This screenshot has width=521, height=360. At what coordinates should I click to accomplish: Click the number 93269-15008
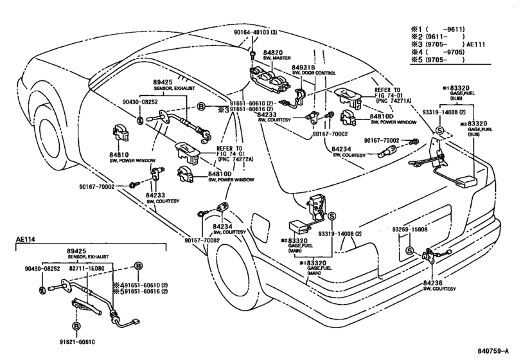[x=410, y=229]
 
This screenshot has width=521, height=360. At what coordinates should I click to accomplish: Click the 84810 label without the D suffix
[x=120, y=154]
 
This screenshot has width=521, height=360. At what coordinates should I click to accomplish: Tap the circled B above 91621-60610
[x=76, y=327]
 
